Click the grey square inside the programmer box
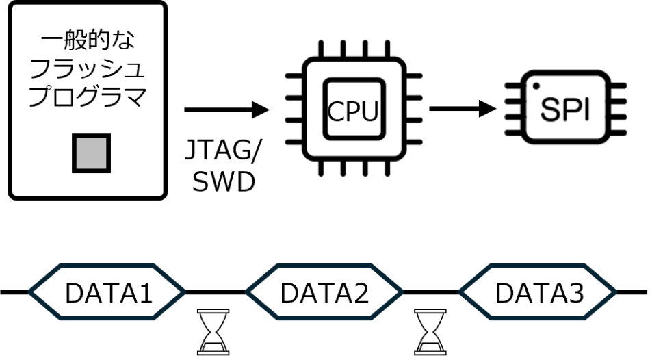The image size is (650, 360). (x=91, y=153)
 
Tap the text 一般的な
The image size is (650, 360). (x=88, y=41)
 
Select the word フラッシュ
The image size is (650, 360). (x=88, y=69)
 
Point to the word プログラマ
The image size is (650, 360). (x=88, y=97)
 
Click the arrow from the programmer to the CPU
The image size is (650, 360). (x=226, y=110)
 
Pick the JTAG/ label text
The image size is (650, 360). (x=222, y=150)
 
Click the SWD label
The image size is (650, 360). (x=224, y=181)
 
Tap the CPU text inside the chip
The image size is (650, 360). (x=353, y=111)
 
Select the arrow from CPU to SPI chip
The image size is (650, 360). (x=463, y=109)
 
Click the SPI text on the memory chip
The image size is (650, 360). (x=565, y=109)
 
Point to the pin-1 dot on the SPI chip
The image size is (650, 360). (x=536, y=86)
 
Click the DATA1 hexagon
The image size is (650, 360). (x=107, y=292)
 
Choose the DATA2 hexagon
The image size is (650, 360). (x=324, y=292)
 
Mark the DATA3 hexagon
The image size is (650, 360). (x=538, y=292)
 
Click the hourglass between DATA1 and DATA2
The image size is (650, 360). (x=213, y=332)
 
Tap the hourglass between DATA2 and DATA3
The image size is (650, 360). (x=430, y=332)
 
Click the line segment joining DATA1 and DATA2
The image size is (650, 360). (x=216, y=292)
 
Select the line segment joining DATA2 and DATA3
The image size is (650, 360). (x=431, y=292)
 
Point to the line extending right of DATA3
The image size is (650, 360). (x=632, y=292)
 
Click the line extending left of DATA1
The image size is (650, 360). (x=14, y=292)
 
